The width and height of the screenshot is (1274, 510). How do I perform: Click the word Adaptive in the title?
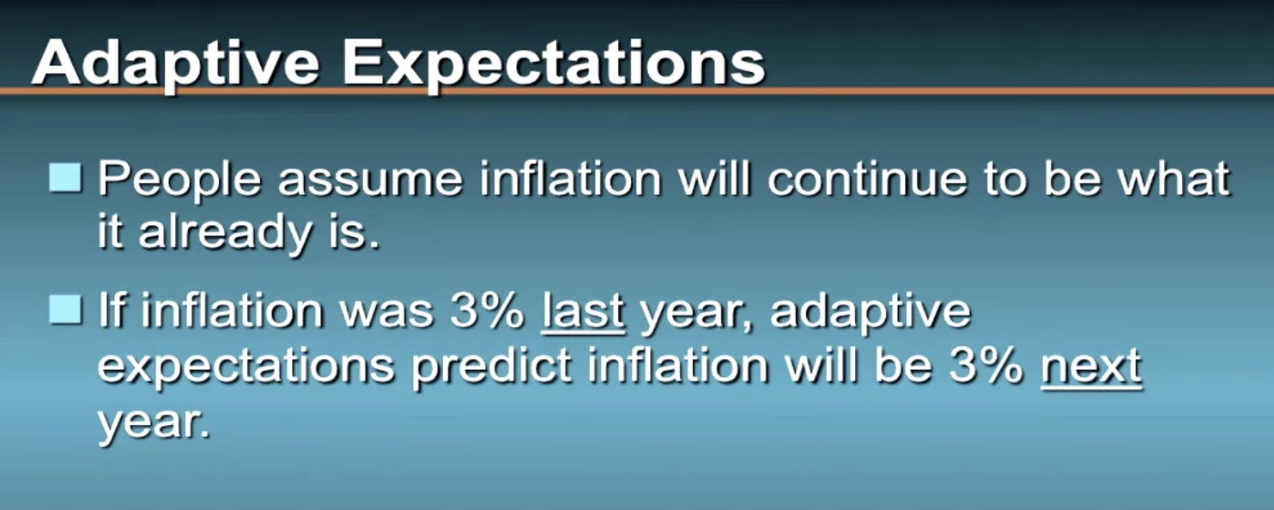click(x=175, y=64)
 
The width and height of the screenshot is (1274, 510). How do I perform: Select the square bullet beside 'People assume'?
click(x=65, y=178)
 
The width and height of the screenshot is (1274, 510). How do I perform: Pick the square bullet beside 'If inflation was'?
click(x=65, y=309)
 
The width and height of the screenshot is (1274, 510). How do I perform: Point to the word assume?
click(x=370, y=183)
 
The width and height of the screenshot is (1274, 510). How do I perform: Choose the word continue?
click(x=867, y=179)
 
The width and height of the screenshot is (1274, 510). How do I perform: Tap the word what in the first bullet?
click(x=1174, y=179)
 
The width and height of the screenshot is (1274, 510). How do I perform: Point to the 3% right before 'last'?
click(x=487, y=311)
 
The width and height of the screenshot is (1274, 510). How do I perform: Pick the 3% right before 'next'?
click(x=986, y=365)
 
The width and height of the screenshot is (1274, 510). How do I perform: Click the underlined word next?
click(x=1091, y=367)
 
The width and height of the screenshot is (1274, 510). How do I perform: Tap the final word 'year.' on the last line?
click(x=155, y=424)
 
